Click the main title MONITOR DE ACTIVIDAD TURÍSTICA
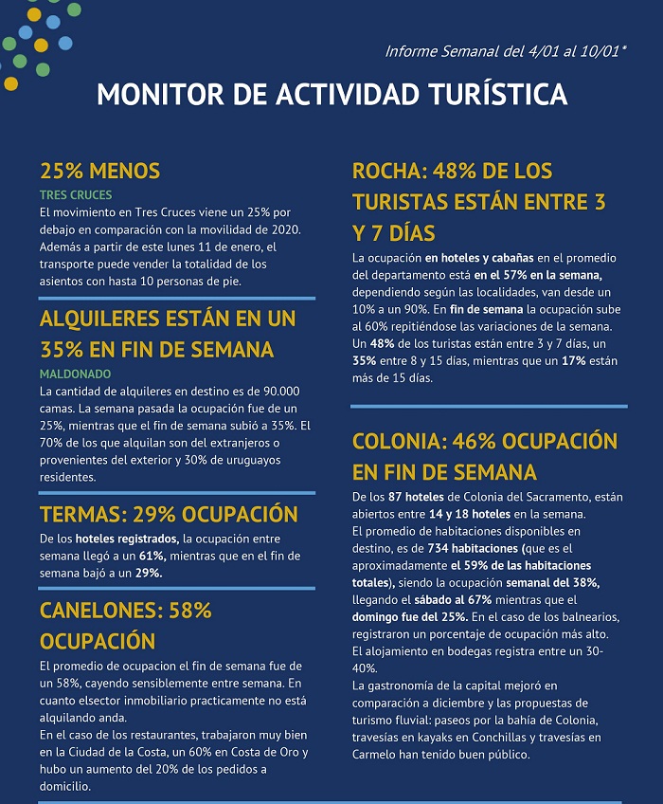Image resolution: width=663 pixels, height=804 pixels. (x=331, y=95)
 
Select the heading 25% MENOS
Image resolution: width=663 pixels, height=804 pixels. (x=99, y=172)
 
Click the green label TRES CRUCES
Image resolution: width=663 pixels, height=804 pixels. (x=76, y=195)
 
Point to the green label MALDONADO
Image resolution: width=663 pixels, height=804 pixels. (x=75, y=374)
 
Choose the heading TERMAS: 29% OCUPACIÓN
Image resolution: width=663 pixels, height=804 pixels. (x=169, y=515)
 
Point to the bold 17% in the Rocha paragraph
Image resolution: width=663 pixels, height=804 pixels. (x=572, y=361)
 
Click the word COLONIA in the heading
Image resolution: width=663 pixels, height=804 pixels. (x=399, y=442)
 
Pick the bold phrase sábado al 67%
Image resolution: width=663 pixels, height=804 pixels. (x=479, y=599)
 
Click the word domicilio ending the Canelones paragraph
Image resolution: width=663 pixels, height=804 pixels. (x=65, y=786)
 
